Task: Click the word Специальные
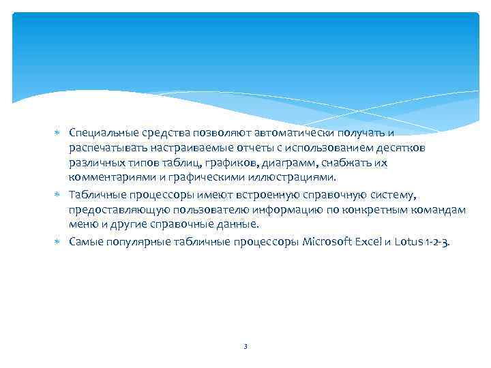[x=102, y=132]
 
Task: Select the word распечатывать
[x=106, y=148]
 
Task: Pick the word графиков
[x=232, y=164]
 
